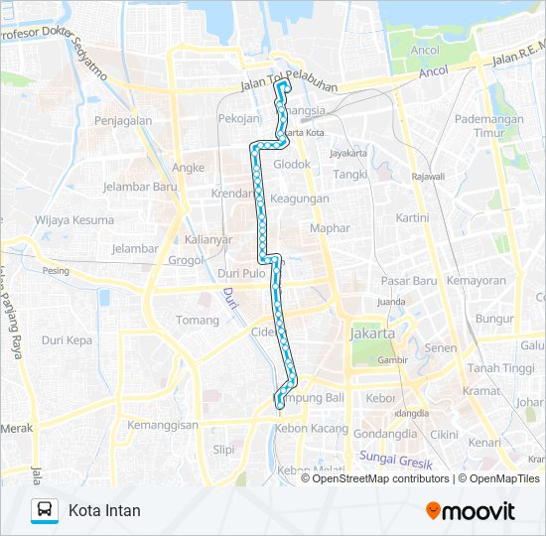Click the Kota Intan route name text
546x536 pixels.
tap(104, 511)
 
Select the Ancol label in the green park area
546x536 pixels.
tap(425, 50)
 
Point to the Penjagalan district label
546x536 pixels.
tap(123, 120)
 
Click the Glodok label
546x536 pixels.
tap(292, 164)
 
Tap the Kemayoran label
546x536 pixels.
tap(475, 281)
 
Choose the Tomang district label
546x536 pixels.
tap(197, 320)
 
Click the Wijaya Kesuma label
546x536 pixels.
tap(69, 218)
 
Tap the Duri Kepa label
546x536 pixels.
tap(67, 339)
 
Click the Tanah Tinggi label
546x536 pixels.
tap(500, 368)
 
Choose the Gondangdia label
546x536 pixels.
tap(383, 435)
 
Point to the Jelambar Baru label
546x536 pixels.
tap(139, 186)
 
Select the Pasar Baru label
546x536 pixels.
tap(408, 281)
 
